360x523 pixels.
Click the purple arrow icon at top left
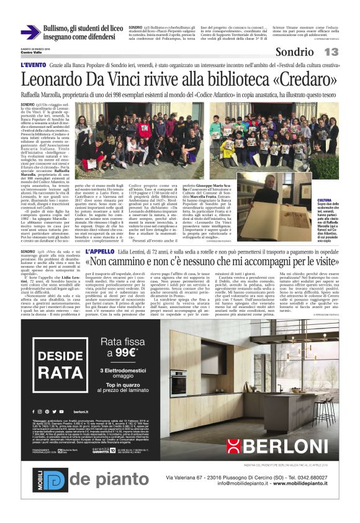click(30, 32)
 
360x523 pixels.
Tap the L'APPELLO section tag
click(99, 252)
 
